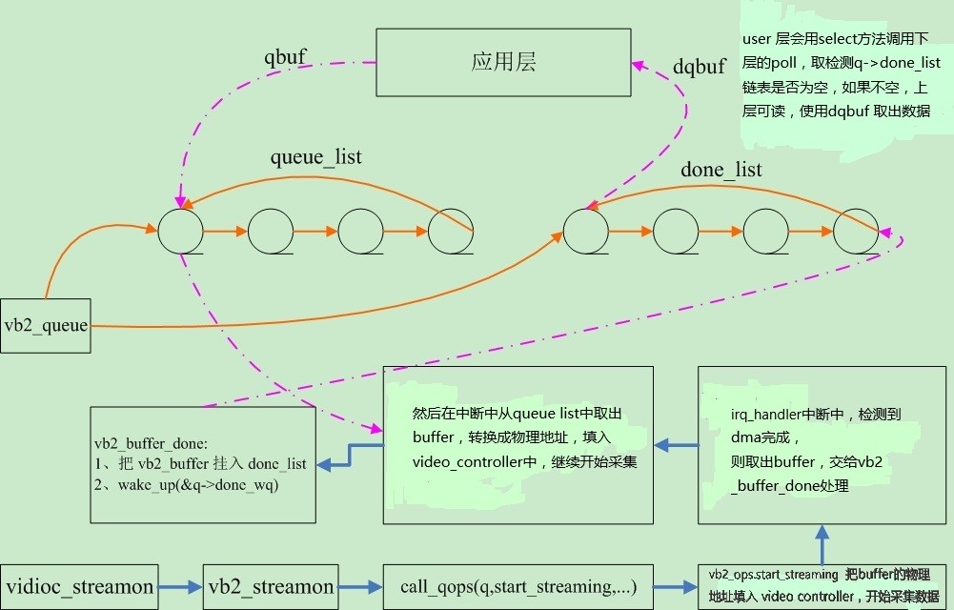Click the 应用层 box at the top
pyautogui.click(x=503, y=62)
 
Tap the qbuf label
pyautogui.click(x=285, y=56)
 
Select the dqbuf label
pyautogui.click(x=700, y=68)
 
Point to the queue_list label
pyautogui.click(x=316, y=156)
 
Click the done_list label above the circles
pyautogui.click(x=721, y=170)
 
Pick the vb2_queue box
pyautogui.click(x=46, y=326)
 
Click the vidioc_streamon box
pyautogui.click(x=79, y=586)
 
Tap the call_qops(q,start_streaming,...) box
pyautogui.click(x=518, y=586)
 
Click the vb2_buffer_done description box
pyautogui.click(x=203, y=464)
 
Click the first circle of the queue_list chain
pyautogui.click(x=181, y=232)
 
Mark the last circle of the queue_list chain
pyautogui.click(x=451, y=232)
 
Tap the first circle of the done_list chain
pyautogui.click(x=586, y=232)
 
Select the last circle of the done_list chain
pyautogui.click(x=856, y=232)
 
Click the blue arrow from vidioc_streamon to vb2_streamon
pyautogui.click(x=181, y=587)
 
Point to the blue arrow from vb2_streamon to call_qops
pyautogui.click(x=360, y=587)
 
